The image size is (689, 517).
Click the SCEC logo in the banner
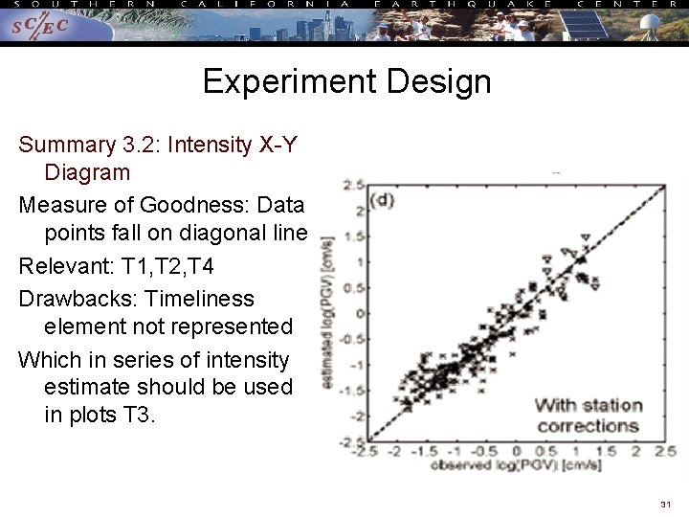point(40,28)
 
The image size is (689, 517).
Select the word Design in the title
point(440,81)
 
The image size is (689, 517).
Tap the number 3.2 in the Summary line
point(140,146)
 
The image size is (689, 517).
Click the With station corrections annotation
point(588,416)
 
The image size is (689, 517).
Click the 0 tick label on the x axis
point(516,451)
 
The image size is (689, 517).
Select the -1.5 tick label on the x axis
point(430,451)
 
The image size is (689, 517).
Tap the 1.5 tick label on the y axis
point(355,236)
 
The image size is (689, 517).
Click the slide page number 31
point(665,504)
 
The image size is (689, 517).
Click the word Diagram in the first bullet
point(86,173)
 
